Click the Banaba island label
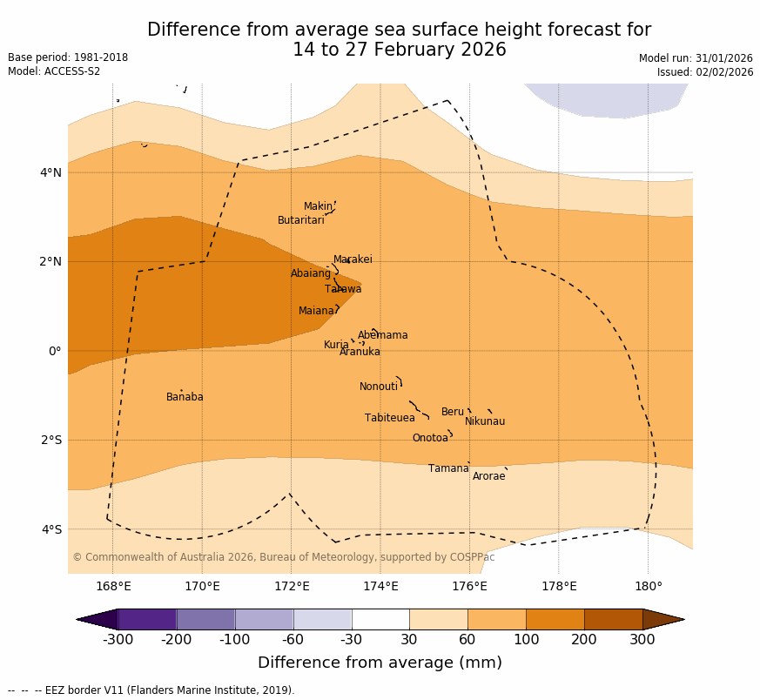[x=185, y=397]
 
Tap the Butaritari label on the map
[x=300, y=220]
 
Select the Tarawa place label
[x=343, y=289]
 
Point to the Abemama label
[x=382, y=335]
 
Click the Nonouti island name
[x=378, y=387]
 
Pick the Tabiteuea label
[x=389, y=418]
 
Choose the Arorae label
[x=488, y=476]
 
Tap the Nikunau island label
[x=484, y=421]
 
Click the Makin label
[x=317, y=206]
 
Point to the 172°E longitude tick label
[x=292, y=586]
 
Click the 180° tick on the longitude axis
[x=648, y=586]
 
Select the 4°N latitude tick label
[x=50, y=172]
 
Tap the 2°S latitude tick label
[x=50, y=440]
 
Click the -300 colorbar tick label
[x=118, y=640]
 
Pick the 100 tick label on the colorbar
[x=526, y=640]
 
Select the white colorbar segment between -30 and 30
[x=380, y=619]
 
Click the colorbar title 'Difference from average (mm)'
[x=380, y=663]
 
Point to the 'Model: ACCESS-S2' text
[x=54, y=71]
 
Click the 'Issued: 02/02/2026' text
[x=704, y=72]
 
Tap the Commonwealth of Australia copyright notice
[x=283, y=557]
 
